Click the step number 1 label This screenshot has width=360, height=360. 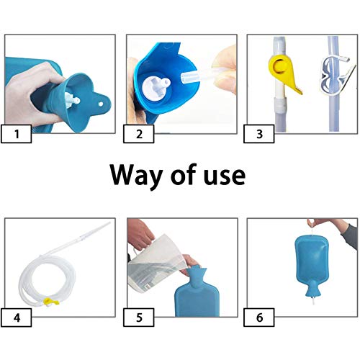(x=17, y=134)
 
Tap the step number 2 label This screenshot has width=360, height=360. (x=139, y=134)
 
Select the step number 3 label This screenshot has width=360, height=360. (x=259, y=134)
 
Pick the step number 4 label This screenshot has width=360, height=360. (x=17, y=318)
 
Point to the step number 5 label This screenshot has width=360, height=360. (x=139, y=318)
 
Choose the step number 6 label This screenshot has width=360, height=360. (x=259, y=318)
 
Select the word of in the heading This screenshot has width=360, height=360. (x=184, y=175)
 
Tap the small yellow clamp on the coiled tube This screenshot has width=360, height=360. (x=51, y=302)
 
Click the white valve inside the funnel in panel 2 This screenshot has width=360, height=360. (x=156, y=86)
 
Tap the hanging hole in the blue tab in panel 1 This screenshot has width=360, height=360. (x=101, y=104)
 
